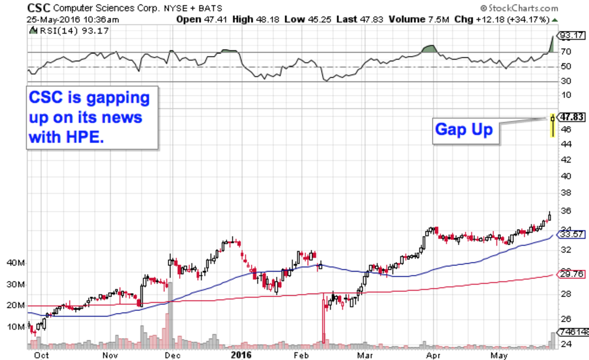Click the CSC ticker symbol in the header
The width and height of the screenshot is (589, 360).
39,8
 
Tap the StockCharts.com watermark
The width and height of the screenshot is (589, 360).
521,8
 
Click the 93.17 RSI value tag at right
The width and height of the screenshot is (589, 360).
572,35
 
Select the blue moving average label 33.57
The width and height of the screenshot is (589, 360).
572,235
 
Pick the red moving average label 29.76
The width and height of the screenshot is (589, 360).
572,273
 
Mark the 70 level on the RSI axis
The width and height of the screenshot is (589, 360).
566,51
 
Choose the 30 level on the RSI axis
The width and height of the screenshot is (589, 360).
566,81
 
